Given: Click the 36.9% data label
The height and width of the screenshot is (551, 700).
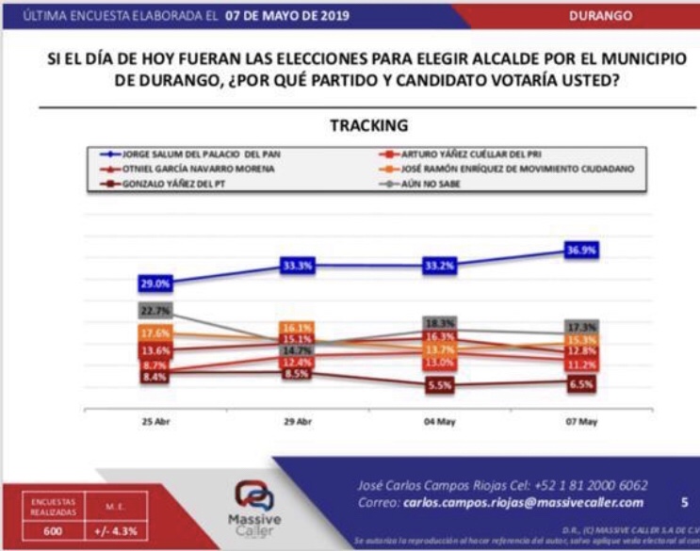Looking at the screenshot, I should (x=582, y=250).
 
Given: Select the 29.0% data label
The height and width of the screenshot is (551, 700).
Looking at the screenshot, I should (x=155, y=283).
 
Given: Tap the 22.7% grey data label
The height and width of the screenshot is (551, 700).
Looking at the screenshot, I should (x=155, y=311).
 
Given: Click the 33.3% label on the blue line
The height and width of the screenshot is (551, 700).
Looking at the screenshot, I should (x=298, y=267).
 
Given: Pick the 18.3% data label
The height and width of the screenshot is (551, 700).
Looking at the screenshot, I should (x=440, y=323).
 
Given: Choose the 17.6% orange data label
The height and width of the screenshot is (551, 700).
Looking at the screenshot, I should (x=155, y=333).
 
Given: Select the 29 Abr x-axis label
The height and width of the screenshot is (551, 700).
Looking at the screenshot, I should (x=298, y=422).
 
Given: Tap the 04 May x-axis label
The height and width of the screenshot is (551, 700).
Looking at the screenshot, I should (x=440, y=422).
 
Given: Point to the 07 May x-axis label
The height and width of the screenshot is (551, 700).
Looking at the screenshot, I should (x=582, y=422).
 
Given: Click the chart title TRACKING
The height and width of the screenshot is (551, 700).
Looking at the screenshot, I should (x=369, y=125).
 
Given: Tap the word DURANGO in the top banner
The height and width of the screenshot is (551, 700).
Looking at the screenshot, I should (x=627, y=16).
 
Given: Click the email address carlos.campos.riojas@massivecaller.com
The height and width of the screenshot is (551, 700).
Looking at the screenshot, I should (x=523, y=503).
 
